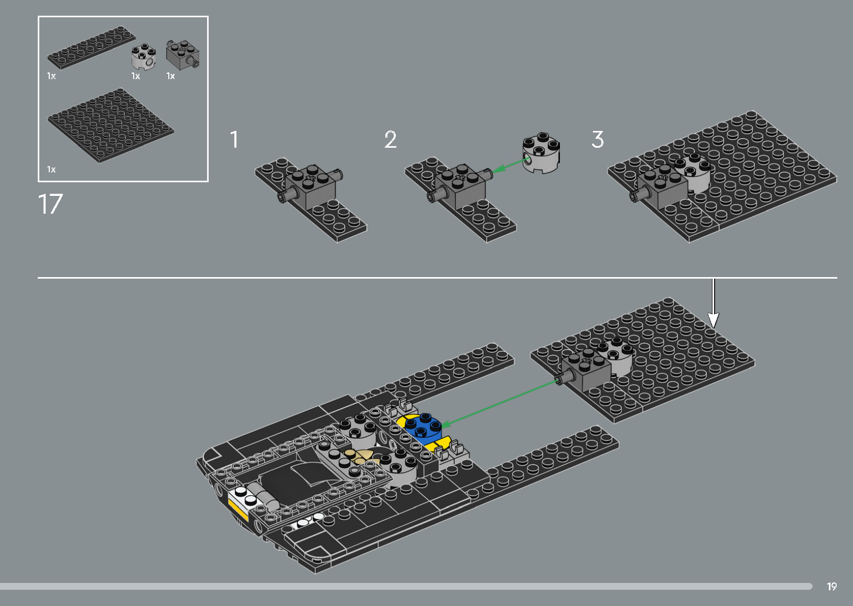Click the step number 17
tap(50, 204)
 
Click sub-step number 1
tap(234, 140)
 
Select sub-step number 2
tap(391, 140)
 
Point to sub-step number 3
tap(598, 140)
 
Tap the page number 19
tap(832, 587)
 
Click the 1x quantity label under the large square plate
tap(51, 169)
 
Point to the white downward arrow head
tap(713, 320)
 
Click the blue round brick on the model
tap(424, 427)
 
